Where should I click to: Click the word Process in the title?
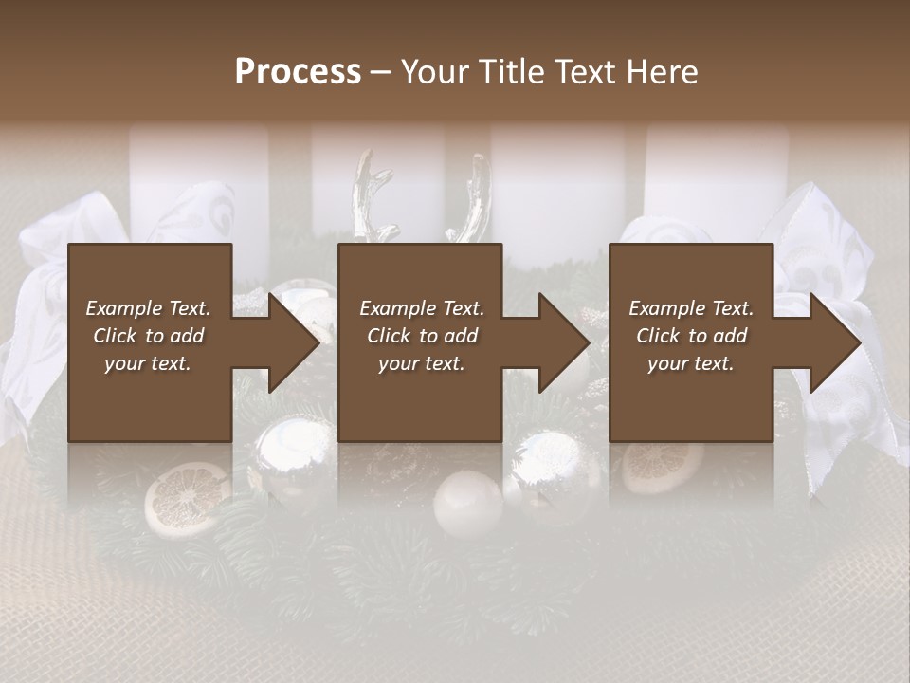tap(298, 71)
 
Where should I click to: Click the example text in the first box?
tap(148, 336)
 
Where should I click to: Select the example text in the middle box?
tap(421, 336)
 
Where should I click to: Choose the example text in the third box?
tap(690, 336)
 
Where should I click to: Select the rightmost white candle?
tap(717, 180)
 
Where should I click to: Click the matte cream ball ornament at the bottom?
tap(467, 504)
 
